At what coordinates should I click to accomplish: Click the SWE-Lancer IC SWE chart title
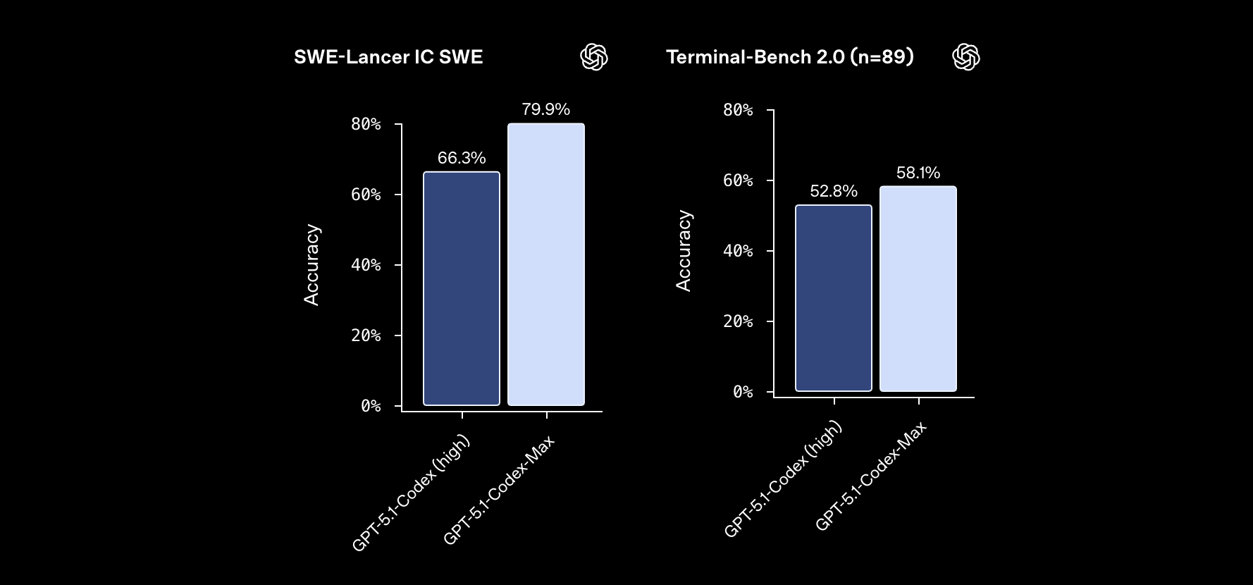pos(388,57)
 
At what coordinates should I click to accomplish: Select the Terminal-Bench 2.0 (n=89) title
pos(790,57)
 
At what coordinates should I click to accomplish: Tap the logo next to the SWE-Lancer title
pos(593,57)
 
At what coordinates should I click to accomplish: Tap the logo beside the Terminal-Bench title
pos(965,57)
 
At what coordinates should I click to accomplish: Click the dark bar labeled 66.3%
pos(462,289)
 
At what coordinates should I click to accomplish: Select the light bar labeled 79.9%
pos(546,264)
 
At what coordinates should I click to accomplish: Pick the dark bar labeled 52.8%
pos(834,298)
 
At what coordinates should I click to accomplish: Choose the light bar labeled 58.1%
pos(918,289)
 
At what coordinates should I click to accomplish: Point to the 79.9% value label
pos(546,109)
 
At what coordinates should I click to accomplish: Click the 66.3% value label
pos(462,158)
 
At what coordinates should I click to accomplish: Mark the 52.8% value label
pos(834,191)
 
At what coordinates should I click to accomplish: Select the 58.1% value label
pos(918,173)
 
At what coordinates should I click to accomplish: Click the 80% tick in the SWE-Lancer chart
pos(366,124)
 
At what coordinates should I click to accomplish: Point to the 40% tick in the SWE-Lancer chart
pos(366,265)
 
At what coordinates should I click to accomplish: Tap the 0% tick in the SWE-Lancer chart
pos(371,406)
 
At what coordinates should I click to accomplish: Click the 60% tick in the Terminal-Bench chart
pos(738,180)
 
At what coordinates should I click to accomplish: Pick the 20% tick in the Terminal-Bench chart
pos(738,321)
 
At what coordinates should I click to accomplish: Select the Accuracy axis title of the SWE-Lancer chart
pos(311,265)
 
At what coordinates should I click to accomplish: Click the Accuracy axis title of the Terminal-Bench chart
pos(684,251)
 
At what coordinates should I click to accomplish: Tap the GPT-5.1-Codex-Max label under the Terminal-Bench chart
pos(871,476)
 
